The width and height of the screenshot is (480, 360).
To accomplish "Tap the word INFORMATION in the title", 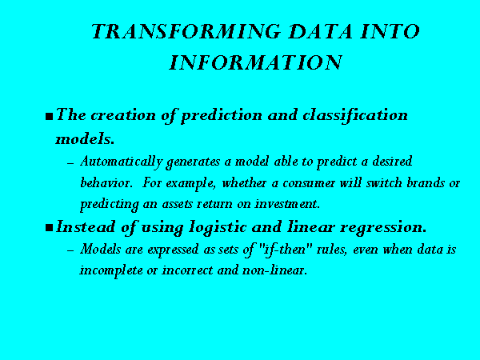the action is [256, 62].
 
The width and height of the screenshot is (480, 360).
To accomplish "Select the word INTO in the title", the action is [390, 31].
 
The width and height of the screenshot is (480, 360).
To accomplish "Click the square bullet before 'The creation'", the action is [49, 117].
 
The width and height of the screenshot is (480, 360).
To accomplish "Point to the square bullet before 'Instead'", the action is [49, 228].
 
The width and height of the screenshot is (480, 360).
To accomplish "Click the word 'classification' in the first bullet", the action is [355, 116].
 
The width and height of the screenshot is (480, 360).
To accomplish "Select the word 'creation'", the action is [123, 115].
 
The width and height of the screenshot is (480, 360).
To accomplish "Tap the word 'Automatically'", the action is [122, 162].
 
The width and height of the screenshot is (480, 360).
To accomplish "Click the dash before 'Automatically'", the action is [70, 163].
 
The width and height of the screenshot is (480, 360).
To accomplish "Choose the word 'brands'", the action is [426, 182].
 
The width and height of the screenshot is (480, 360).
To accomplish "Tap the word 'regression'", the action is [383, 228].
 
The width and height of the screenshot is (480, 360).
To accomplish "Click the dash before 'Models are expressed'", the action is [70, 250].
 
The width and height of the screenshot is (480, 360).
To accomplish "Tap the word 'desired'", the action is [392, 162].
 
